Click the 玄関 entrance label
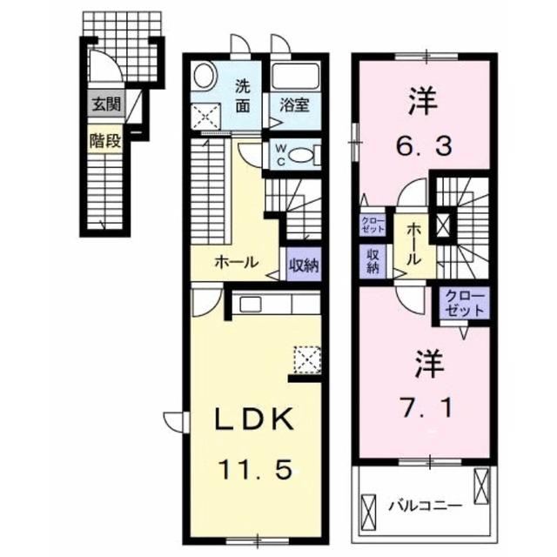click(105, 108)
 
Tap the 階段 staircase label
click(105, 139)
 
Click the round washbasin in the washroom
click(203, 77)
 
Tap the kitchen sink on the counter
click(250, 304)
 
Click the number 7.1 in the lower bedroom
click(424, 405)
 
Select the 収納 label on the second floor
click(372, 261)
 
